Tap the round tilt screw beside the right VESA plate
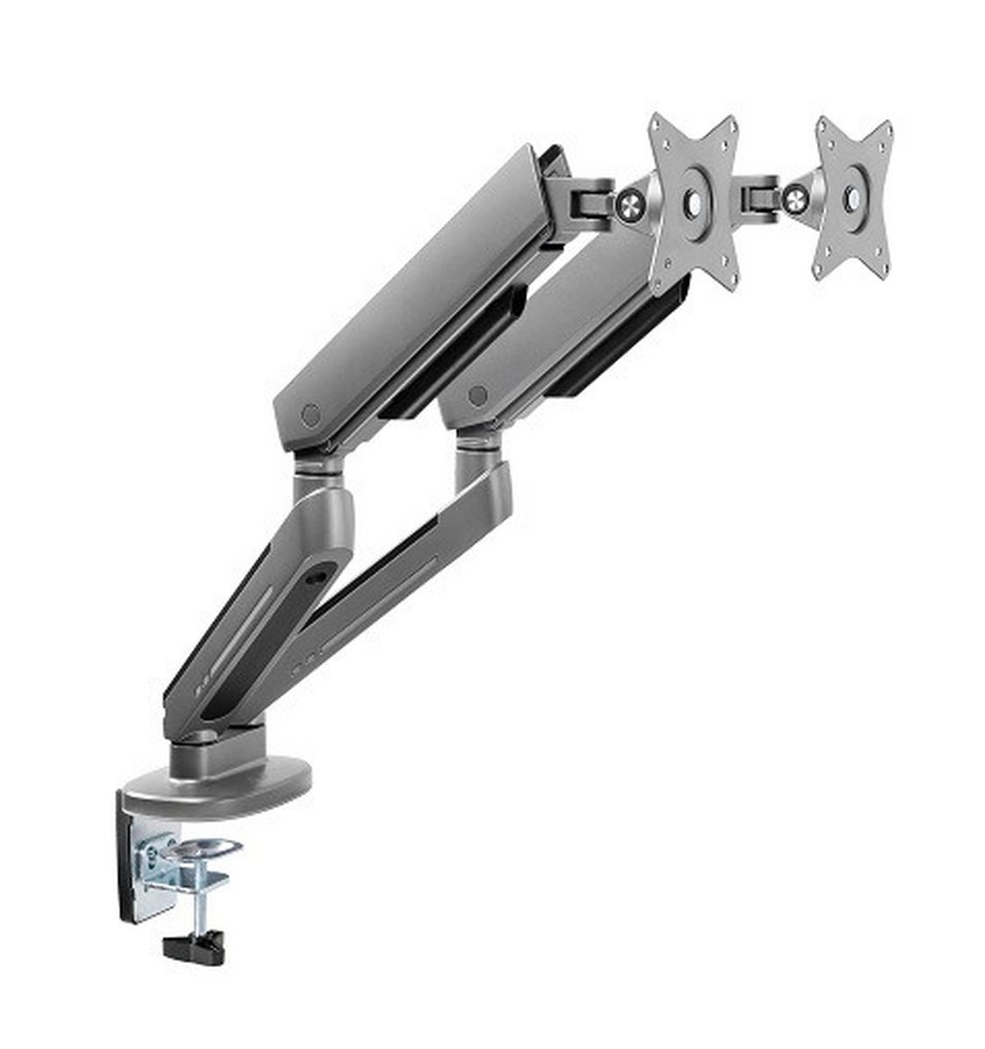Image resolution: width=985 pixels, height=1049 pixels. click(795, 198)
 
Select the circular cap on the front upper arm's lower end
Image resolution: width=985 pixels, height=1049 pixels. click(310, 415)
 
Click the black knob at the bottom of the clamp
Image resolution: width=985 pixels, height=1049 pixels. click(194, 948)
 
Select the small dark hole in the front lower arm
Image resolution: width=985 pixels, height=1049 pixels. click(313, 577)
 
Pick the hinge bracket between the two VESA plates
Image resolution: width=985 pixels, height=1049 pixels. click(760, 195)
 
